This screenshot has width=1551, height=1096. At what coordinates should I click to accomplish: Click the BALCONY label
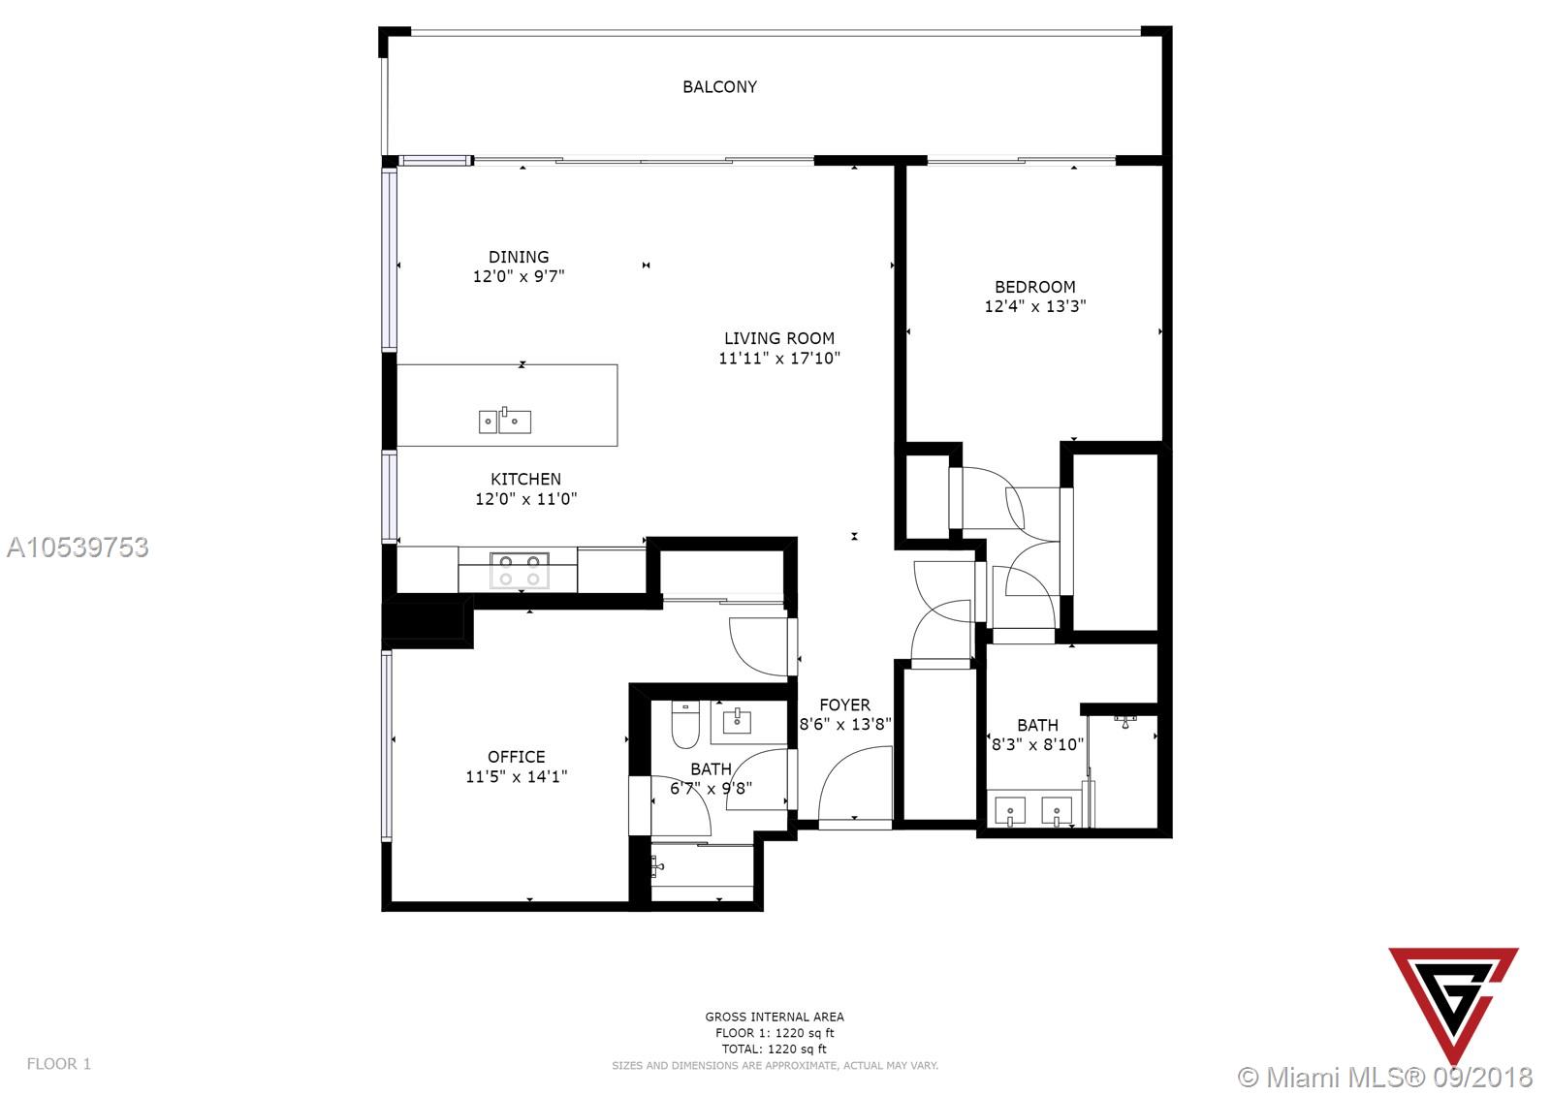coord(719,86)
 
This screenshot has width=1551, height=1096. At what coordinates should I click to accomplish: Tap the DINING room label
coord(519,257)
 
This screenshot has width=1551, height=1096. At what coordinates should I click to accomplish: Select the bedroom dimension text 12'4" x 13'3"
coord(1035,306)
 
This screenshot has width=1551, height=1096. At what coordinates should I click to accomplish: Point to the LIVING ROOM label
coord(779,338)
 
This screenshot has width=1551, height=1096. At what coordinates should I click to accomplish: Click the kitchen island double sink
coord(505,421)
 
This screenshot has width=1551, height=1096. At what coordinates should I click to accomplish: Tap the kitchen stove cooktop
coord(520,571)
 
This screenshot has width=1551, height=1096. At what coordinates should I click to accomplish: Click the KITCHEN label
coord(525,479)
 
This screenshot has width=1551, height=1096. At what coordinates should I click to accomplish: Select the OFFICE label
coord(516,757)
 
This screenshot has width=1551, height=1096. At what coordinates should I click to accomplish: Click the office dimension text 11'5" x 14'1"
coord(516,777)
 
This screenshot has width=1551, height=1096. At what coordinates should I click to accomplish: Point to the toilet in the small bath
coord(685,726)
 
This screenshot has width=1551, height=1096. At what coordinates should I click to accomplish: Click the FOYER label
coord(844,705)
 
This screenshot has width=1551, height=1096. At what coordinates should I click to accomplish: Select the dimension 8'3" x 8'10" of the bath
coord(1037,744)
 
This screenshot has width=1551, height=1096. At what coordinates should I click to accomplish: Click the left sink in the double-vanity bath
coord(1010,811)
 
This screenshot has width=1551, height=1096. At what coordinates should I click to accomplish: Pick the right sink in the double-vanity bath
coord(1057,811)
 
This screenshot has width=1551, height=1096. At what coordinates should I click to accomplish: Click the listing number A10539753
coord(78,547)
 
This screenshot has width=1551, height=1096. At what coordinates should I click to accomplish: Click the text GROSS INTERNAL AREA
coord(775,1018)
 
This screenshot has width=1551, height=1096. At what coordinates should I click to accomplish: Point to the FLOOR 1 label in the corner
coord(59,1063)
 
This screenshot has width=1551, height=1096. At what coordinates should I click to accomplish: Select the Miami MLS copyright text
coord(1385,1078)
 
